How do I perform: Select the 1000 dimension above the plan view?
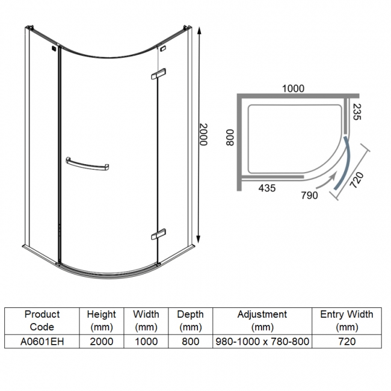(x=293, y=88)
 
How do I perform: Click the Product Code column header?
(x=42, y=321)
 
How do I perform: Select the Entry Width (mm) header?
(x=346, y=321)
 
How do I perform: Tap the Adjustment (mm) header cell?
(x=262, y=321)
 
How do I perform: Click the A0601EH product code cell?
(x=42, y=341)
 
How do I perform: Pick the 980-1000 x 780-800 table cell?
(x=262, y=341)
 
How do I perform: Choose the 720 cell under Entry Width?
(x=346, y=341)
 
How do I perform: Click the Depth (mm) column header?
(x=190, y=321)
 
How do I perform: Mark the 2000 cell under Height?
(x=101, y=341)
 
